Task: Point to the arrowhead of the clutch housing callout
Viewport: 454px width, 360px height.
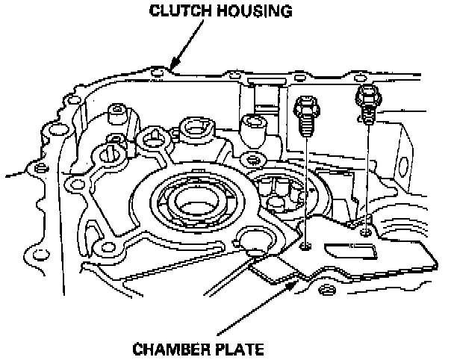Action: pos(173,67)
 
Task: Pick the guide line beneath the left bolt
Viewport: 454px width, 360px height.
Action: pos(306,187)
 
